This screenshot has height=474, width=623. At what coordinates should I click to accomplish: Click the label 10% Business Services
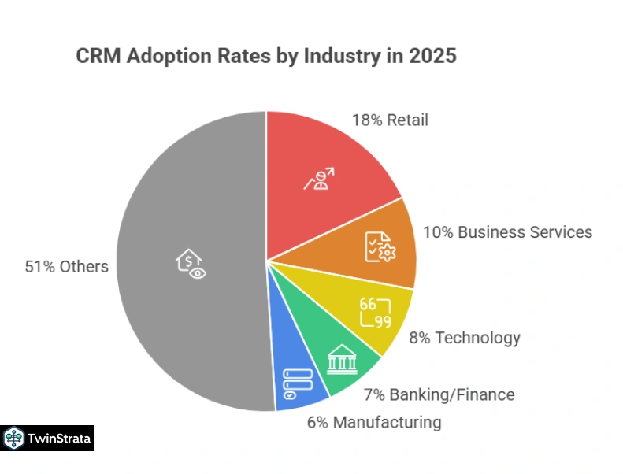pyautogui.click(x=507, y=232)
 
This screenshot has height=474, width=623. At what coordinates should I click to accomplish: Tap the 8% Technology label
pyautogui.click(x=465, y=338)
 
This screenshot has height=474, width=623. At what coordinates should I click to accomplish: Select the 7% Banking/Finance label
pyautogui.click(x=439, y=394)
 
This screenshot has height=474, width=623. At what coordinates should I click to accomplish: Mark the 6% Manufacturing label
pyautogui.click(x=373, y=422)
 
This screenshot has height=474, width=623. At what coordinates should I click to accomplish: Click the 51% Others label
pyautogui.click(x=67, y=266)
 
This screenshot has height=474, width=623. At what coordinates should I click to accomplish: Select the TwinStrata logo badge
pyautogui.click(x=47, y=438)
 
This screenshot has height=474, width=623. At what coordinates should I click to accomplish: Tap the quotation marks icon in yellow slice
pyautogui.click(x=375, y=313)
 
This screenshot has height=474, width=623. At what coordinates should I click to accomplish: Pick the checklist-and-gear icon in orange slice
pyautogui.click(x=380, y=246)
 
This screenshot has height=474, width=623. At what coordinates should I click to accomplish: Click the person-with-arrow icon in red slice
pyautogui.click(x=318, y=179)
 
